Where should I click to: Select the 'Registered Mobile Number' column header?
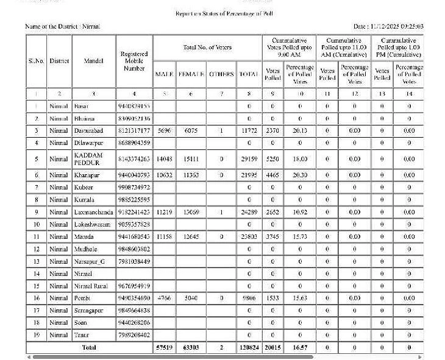tap(134, 61)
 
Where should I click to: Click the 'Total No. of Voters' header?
tap(207, 48)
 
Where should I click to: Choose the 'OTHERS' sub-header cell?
tap(221, 74)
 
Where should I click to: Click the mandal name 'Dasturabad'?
tap(89, 130)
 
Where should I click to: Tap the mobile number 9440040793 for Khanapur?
tap(133, 175)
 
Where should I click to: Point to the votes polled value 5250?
tap(272, 159)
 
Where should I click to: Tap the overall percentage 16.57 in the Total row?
tap(299, 347)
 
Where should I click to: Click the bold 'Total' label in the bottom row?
tap(89, 347)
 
